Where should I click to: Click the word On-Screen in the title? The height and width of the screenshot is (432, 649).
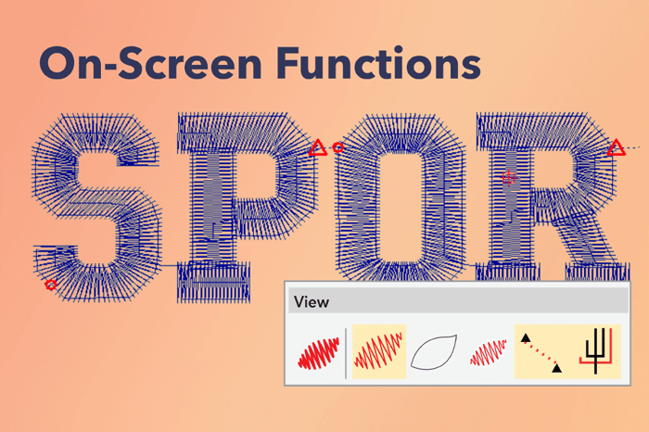(150, 63)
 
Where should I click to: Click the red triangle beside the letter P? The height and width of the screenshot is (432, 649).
(318, 148)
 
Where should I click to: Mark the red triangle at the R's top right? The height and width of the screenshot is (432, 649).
(617, 147)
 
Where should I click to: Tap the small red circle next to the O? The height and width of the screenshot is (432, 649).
(338, 147)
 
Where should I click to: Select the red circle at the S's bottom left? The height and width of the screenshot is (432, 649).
(50, 285)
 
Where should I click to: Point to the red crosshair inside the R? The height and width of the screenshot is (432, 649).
(508, 178)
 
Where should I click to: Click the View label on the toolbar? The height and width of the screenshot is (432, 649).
(312, 302)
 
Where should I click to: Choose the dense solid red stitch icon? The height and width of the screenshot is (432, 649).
(319, 353)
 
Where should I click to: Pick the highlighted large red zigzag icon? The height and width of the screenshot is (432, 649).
(378, 351)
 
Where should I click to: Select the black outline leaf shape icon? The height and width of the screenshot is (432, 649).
(434, 351)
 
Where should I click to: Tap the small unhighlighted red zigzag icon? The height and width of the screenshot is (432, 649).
(489, 352)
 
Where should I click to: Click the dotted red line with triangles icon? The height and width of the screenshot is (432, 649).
(541, 352)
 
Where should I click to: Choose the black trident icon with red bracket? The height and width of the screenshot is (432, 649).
(596, 351)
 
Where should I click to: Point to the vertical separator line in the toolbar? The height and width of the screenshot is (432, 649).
(346, 353)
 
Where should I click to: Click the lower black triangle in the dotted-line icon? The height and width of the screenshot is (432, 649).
(556, 368)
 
